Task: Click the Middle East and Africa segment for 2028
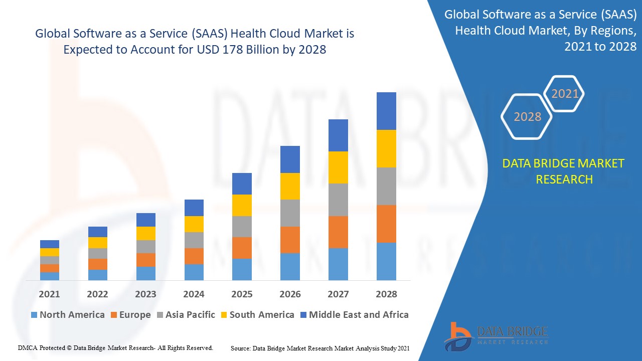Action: tap(386, 111)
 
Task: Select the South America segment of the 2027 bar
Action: tap(338, 167)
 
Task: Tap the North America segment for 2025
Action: tap(242, 269)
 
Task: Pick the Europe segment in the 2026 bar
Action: tap(290, 240)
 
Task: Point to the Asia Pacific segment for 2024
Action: tap(194, 240)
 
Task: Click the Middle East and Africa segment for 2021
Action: tap(50, 244)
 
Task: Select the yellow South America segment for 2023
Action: tap(146, 233)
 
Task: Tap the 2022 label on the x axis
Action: tap(97, 294)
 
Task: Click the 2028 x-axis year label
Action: tap(386, 294)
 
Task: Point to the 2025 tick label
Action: tap(242, 294)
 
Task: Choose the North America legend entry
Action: tap(67, 315)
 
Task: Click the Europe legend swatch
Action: tap(114, 315)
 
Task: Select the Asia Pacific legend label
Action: tap(190, 315)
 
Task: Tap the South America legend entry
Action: tap(261, 315)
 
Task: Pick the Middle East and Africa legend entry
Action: tap(358, 315)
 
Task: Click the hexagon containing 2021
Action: tap(565, 94)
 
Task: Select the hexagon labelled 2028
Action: tap(527, 117)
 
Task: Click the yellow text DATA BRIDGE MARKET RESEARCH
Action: tap(564, 171)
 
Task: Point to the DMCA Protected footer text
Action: tap(115, 347)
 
